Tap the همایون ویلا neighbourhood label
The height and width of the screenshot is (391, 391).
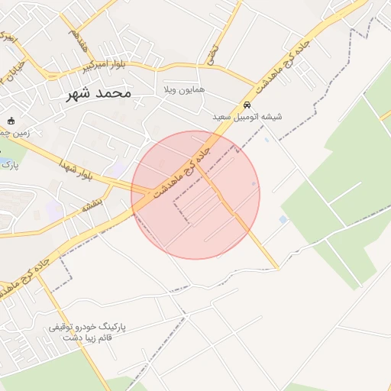click(183, 89)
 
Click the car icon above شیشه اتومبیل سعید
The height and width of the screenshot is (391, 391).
click(247, 105)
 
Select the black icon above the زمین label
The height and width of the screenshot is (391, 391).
click(11, 121)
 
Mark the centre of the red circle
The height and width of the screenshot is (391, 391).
click(195, 195)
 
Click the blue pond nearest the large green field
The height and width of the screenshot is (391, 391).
click(283, 220)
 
